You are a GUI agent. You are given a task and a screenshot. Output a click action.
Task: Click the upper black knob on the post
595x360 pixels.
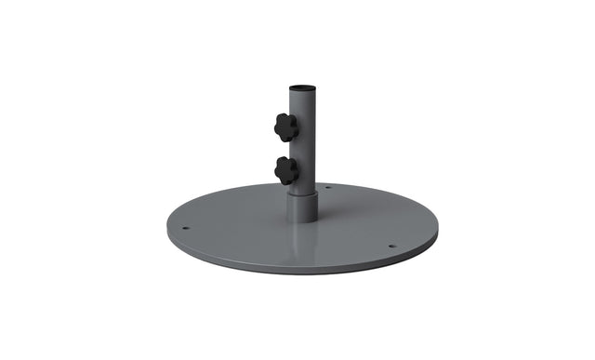(x=285, y=127)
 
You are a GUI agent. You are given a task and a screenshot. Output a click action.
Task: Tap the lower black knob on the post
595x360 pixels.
(x=286, y=170)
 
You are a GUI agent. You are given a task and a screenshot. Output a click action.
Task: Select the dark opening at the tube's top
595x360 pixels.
(x=302, y=88)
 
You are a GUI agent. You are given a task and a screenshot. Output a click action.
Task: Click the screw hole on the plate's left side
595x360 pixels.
(x=185, y=228)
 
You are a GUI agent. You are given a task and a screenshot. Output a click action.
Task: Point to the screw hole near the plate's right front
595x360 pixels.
(x=391, y=247)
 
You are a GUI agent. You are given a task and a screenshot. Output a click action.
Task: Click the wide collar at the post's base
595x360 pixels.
(x=302, y=207)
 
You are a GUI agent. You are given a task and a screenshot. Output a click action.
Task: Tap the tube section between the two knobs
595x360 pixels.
(x=303, y=149)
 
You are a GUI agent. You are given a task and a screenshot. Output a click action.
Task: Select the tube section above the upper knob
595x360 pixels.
(x=302, y=102)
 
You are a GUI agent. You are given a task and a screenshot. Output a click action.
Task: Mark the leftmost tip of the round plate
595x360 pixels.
(x=168, y=228)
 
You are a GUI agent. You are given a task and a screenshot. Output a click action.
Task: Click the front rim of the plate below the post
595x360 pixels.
(x=302, y=271)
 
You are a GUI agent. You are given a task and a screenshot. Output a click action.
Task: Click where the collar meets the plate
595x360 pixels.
(x=302, y=221)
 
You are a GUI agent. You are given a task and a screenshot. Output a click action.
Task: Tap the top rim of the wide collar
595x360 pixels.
(x=302, y=193)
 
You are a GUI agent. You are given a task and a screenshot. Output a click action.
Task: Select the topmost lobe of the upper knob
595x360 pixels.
(x=285, y=115)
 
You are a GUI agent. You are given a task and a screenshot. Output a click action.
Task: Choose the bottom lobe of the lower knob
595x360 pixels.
(x=287, y=181)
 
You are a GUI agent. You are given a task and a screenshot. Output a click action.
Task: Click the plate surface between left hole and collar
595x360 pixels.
(x=237, y=223)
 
